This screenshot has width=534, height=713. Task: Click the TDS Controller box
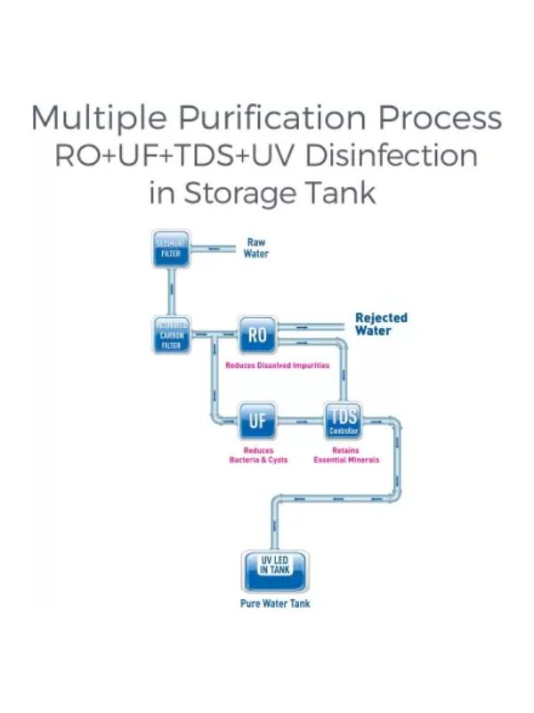click(x=344, y=420)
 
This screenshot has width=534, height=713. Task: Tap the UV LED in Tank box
click(x=274, y=569)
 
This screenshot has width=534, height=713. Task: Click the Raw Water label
click(x=256, y=248)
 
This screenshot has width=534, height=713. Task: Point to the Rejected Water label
click(x=381, y=324)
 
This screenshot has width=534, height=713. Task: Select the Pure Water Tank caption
click(x=275, y=603)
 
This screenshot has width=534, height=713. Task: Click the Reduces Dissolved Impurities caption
click(x=277, y=365)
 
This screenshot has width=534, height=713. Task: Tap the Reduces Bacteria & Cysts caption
click(x=258, y=455)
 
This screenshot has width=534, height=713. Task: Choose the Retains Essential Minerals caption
click(x=346, y=455)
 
